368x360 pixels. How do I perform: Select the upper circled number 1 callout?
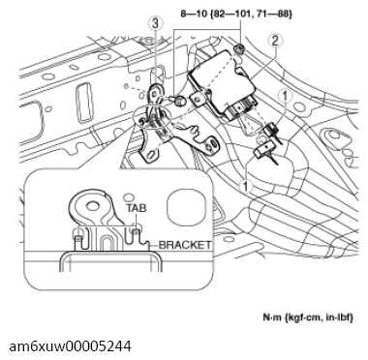(x=285, y=96)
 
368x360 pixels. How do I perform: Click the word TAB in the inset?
(x=137, y=208)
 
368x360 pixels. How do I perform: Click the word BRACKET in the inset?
(x=185, y=246)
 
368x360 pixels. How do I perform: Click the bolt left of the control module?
(x=177, y=100)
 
